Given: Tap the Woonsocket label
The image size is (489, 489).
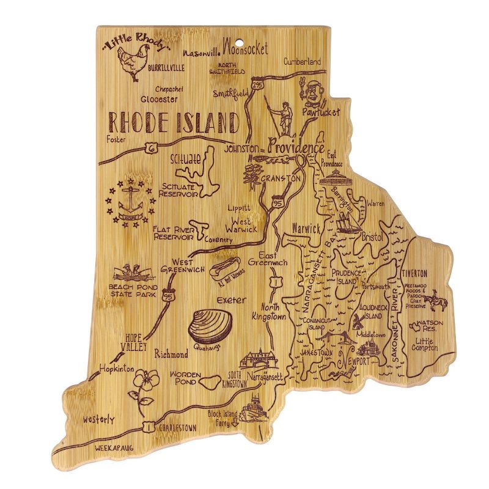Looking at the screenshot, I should [x=244, y=48].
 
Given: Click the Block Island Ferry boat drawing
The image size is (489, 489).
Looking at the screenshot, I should [x=252, y=408].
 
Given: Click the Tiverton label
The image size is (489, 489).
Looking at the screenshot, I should [x=414, y=273].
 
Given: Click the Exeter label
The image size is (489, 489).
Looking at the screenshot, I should [x=230, y=300].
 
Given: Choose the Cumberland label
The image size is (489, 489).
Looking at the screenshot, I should [x=302, y=62].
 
